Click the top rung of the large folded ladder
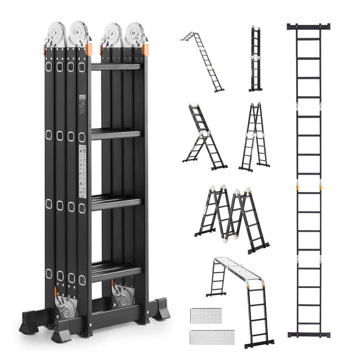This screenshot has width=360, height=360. pos(116,67)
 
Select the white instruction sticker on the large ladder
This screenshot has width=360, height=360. pos(82,171)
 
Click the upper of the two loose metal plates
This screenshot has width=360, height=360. pos(206,316)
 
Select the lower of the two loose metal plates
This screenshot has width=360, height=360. pos(212,337)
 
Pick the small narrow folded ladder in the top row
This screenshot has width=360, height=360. pos(255,59)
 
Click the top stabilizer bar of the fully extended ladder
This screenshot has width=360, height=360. pos(309,27)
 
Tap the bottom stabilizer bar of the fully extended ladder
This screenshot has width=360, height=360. pos(309,334)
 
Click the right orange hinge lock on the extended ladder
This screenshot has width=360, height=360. pos(320,187)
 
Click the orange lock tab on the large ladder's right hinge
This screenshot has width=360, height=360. pos(145,49)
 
